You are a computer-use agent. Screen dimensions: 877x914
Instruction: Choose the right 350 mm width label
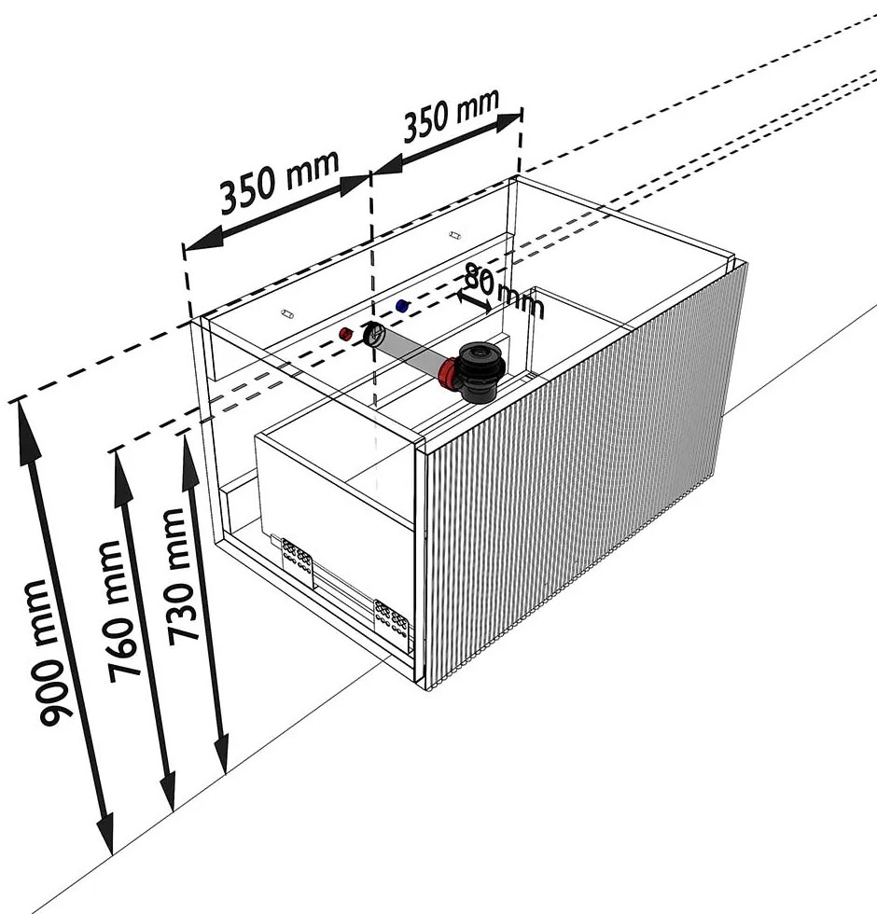[x=452, y=115]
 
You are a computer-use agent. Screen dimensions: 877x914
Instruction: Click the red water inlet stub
[x=346, y=334]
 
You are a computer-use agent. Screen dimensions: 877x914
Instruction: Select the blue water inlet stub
[x=402, y=306]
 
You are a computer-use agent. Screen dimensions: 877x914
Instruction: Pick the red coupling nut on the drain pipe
[x=448, y=374]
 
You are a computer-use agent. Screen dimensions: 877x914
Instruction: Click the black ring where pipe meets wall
[x=374, y=335]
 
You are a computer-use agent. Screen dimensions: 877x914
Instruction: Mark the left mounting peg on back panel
[x=286, y=315]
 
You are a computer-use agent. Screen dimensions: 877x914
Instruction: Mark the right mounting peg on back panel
[x=455, y=235]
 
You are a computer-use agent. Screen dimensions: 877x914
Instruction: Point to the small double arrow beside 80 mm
[x=475, y=300]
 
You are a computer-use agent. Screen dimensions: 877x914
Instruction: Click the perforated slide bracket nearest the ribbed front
[x=391, y=616]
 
